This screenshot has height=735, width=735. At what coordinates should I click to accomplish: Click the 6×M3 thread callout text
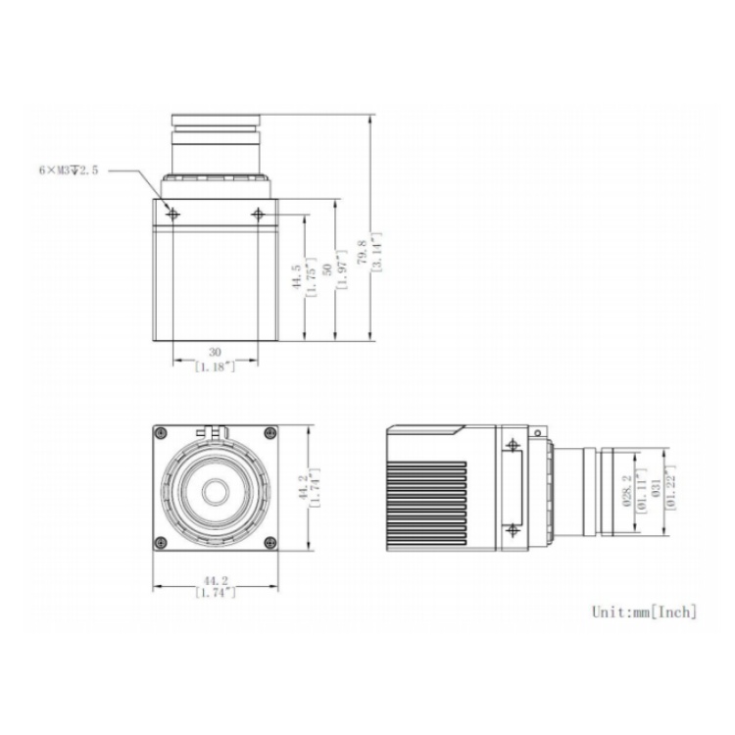tap(69, 170)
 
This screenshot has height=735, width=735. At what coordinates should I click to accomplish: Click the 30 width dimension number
tap(216, 353)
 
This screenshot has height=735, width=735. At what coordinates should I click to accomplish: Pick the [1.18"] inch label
tap(216, 367)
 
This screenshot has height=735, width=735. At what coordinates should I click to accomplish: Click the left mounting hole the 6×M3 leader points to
tap(173, 213)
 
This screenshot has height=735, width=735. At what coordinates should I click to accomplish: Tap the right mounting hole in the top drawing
tap(258, 213)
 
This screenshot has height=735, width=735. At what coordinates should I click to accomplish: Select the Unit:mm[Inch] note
tap(645, 612)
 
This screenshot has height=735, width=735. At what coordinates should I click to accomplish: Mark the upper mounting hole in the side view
tap(511, 445)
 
